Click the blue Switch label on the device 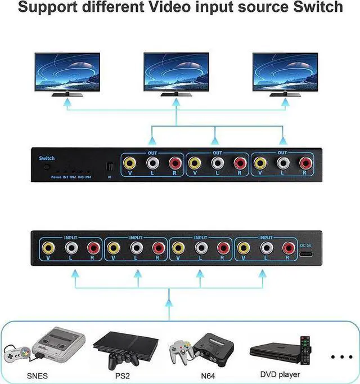tap(48, 159)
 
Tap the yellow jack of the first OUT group tap(130, 164)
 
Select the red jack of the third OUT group tap(305, 164)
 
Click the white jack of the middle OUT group tap(218, 164)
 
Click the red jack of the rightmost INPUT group tap(289, 248)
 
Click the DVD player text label tap(280, 374)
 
